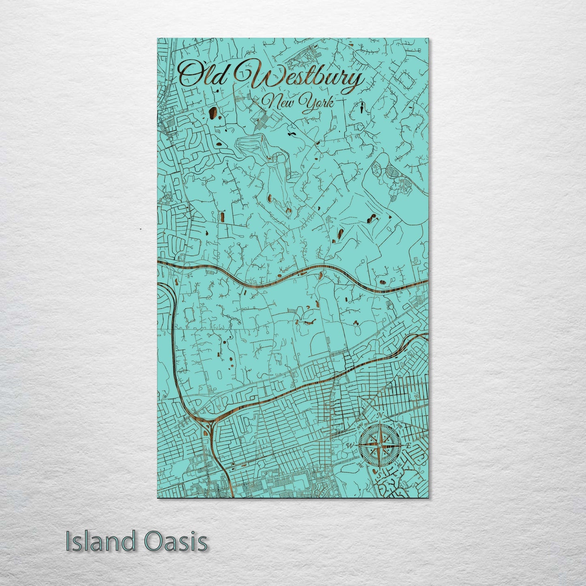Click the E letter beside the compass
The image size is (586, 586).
(409, 446)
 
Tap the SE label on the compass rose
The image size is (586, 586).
(399, 465)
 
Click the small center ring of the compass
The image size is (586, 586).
(379, 446)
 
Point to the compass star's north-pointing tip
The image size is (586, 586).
(380, 424)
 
